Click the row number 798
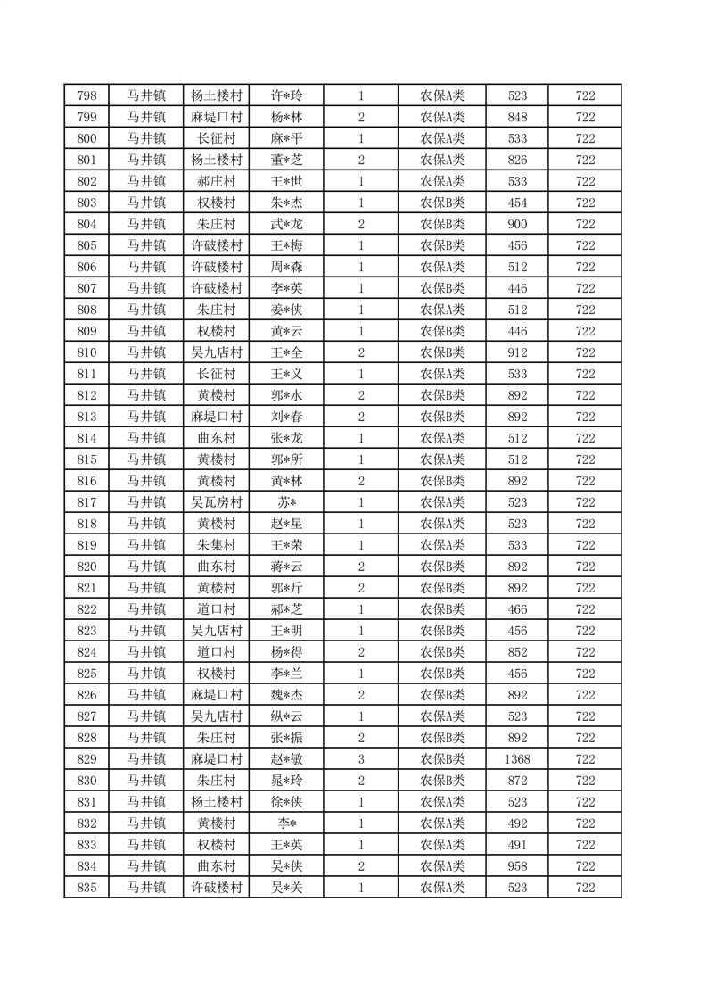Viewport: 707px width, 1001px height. coord(86,95)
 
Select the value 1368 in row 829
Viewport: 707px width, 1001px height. coord(517,759)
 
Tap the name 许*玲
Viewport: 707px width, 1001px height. coord(286,95)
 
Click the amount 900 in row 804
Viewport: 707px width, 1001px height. coord(517,224)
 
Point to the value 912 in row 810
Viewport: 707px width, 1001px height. coord(517,352)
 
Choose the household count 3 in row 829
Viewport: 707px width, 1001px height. coord(360,759)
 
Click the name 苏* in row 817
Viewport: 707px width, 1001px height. coord(286,502)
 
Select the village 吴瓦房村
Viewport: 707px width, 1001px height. coord(216,502)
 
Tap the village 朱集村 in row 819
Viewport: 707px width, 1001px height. coord(216,545)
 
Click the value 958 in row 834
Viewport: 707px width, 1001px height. coord(517,866)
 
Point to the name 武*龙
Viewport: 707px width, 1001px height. coord(286,224)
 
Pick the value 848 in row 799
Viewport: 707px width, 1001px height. coord(517,117)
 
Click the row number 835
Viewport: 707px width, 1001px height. coord(86,888)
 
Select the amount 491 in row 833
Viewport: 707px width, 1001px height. coord(517,845)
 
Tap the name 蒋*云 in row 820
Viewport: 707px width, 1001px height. coord(286,567)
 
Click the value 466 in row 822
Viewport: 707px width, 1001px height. coord(517,609)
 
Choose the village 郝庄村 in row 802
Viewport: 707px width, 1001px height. coord(216,181)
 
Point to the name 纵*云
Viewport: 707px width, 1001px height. coord(286,716)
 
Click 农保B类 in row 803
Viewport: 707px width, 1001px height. coord(442,203)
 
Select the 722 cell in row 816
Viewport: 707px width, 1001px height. coord(585,481)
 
